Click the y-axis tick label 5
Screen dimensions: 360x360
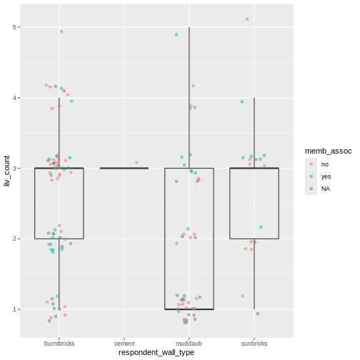point(15,27)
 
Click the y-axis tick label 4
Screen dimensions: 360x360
point(15,98)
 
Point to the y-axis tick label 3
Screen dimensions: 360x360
point(15,169)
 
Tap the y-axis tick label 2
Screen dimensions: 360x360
point(15,239)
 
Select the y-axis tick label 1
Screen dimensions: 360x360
point(15,309)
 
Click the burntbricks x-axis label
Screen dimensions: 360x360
point(59,344)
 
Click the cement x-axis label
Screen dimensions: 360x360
point(124,344)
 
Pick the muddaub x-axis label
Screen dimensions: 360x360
point(189,344)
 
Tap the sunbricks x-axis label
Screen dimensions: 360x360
point(254,344)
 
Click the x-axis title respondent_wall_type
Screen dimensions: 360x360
point(156,353)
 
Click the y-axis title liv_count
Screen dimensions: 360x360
point(6,172)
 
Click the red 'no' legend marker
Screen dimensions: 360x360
point(311,164)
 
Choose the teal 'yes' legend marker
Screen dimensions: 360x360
point(311,176)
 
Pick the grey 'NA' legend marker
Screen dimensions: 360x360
point(311,189)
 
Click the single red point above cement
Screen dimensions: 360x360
point(137,163)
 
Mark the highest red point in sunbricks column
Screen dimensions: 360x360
point(247,19)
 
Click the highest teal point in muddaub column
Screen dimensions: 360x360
point(176,34)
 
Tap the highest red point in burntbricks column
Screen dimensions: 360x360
point(61,31)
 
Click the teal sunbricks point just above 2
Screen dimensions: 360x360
point(261,227)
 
